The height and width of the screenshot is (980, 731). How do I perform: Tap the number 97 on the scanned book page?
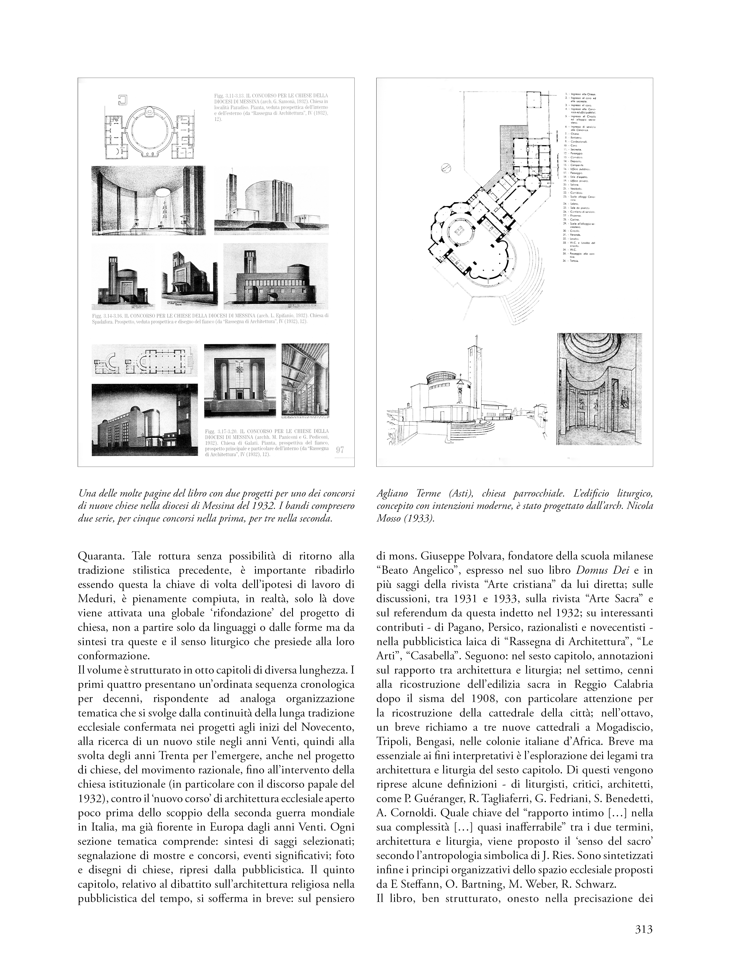pyautogui.click(x=340, y=450)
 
